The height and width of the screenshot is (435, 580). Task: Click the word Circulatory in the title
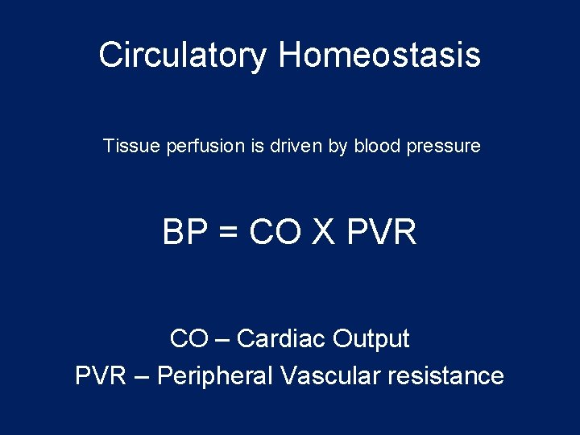[182, 56]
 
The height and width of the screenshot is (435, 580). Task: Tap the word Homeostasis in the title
[379, 56]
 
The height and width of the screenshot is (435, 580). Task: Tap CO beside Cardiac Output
[188, 339]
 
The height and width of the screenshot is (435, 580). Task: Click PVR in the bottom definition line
[100, 376]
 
